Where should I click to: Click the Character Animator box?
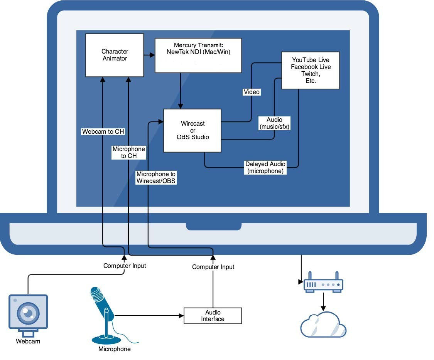click(115, 55)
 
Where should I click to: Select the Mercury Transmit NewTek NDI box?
click(198, 55)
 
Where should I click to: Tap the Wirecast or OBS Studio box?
click(193, 130)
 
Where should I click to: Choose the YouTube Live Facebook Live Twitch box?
click(310, 70)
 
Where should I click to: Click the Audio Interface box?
click(213, 316)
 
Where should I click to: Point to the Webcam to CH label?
click(103, 131)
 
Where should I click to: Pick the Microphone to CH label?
click(128, 152)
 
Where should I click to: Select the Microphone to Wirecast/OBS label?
click(156, 177)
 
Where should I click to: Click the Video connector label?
click(252, 92)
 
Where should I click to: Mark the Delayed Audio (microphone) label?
click(266, 168)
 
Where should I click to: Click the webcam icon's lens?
click(28, 313)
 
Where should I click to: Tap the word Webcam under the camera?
click(28, 341)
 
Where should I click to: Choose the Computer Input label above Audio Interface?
click(213, 267)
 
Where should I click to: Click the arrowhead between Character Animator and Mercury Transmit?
click(152, 56)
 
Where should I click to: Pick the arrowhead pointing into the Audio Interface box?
click(181, 316)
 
